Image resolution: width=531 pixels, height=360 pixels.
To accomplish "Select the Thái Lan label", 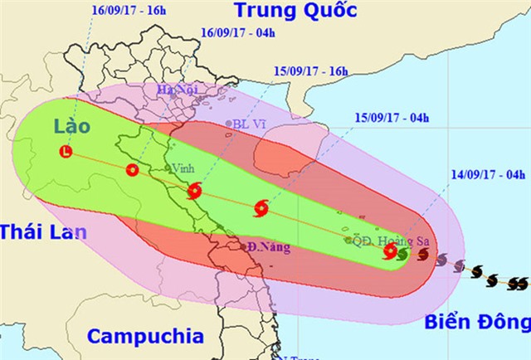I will (42, 232).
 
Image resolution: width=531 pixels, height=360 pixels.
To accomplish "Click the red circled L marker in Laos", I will (67, 151).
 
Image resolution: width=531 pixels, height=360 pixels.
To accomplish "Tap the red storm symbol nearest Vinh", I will (194, 190).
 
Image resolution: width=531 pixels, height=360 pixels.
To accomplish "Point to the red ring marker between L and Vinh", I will (132, 170).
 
